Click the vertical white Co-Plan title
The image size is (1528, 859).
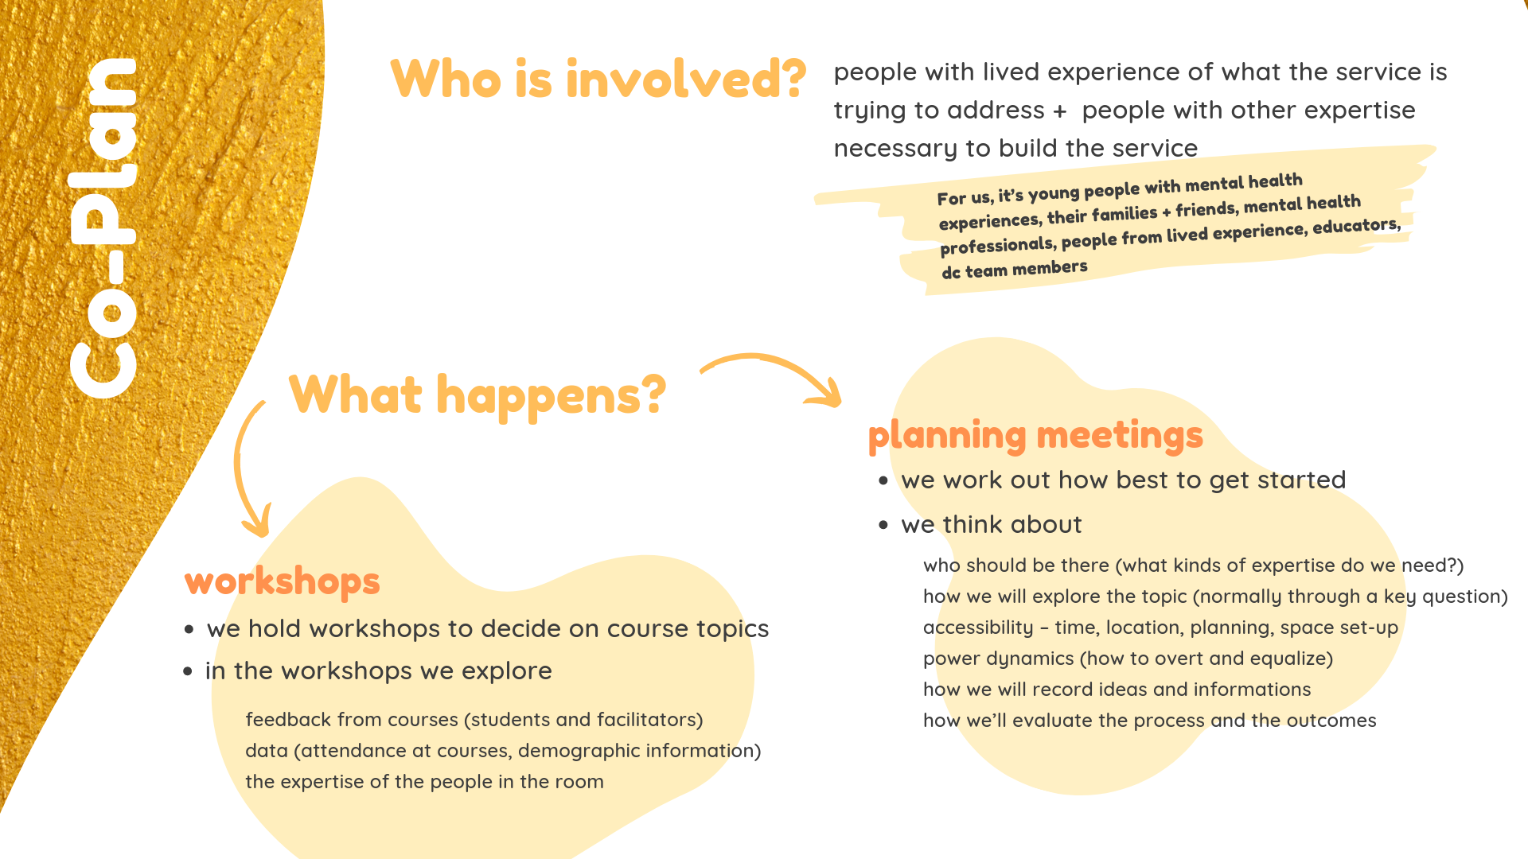[103, 228]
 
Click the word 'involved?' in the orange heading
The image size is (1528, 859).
[686, 79]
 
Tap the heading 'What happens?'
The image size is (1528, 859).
[477, 395]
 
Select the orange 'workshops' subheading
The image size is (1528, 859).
[283, 581]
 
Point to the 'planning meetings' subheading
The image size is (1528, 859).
[1035, 436]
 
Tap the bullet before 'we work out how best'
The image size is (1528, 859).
[883, 480]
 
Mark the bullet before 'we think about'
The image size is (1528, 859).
[883, 525]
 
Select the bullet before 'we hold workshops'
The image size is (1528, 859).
[189, 629]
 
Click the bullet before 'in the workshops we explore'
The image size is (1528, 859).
[188, 671]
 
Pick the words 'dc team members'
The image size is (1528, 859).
[1015, 269]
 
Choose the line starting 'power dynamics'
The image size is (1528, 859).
[1128, 659]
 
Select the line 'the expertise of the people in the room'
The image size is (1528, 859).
[424, 782]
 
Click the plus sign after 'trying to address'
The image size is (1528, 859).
[1059, 111]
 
